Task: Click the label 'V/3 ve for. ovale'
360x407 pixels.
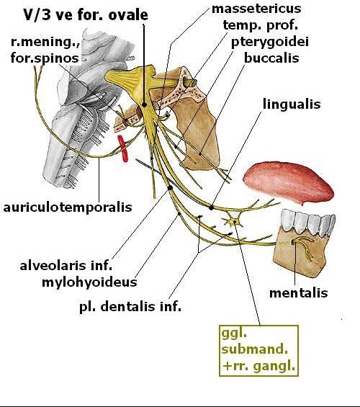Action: [x=86, y=15]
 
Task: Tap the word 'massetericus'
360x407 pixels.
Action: [x=256, y=9]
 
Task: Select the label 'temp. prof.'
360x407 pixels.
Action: [x=261, y=25]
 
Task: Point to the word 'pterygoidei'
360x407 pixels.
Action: [x=270, y=43]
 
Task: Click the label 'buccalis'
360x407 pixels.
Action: [x=271, y=58]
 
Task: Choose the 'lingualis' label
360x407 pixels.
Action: [x=292, y=104]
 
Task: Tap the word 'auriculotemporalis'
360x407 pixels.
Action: [x=68, y=207]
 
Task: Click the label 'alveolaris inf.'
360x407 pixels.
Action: [x=66, y=266]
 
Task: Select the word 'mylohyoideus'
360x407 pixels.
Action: [x=89, y=282]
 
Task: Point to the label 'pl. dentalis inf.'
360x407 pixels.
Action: [x=130, y=307]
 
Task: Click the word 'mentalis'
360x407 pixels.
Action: [x=299, y=293]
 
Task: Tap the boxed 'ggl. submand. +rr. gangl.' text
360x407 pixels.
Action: [x=259, y=350]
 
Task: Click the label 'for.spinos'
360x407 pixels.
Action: [x=45, y=58]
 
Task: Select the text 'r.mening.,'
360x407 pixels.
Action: [x=45, y=42]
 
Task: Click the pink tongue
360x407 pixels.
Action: [x=289, y=182]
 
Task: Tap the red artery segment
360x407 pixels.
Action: [x=122, y=148]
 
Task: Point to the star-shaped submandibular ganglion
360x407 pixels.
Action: [x=233, y=222]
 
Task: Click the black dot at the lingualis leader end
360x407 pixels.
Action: [x=212, y=207]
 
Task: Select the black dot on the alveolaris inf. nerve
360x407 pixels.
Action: [x=170, y=188]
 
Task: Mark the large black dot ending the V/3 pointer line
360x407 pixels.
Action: [x=144, y=105]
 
